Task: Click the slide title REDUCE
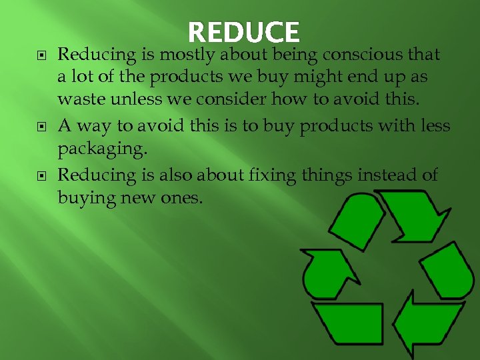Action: [x=244, y=32]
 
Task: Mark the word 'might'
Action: [x=299, y=77]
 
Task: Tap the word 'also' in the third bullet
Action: [x=173, y=175]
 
